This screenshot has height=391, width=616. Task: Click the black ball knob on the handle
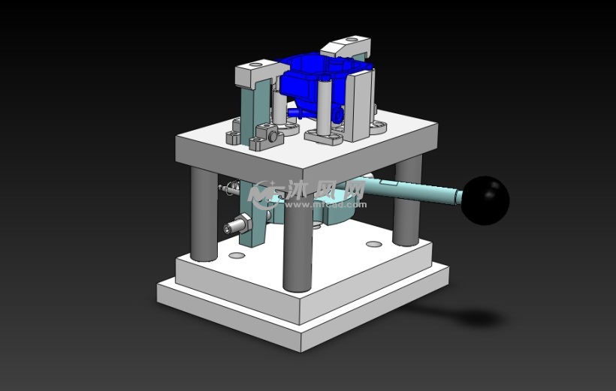point(485,200)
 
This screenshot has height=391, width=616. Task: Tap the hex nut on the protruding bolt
point(239,224)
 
